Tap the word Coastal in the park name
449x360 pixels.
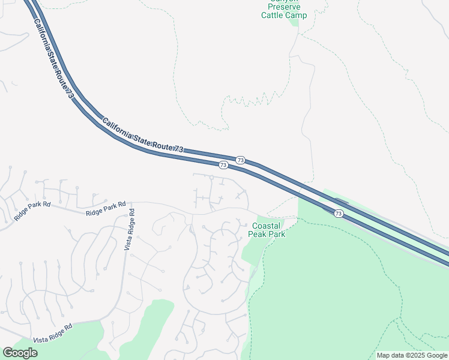click(267, 226)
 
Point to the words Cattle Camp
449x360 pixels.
click(284, 15)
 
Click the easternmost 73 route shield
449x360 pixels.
click(339, 213)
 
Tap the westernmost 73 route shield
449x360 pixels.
click(223, 164)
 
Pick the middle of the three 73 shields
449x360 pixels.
click(240, 160)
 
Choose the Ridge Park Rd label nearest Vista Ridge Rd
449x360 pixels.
click(106, 209)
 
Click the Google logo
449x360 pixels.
click(20, 353)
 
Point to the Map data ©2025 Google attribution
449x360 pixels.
click(412, 355)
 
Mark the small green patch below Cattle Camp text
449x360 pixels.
click(294, 23)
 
